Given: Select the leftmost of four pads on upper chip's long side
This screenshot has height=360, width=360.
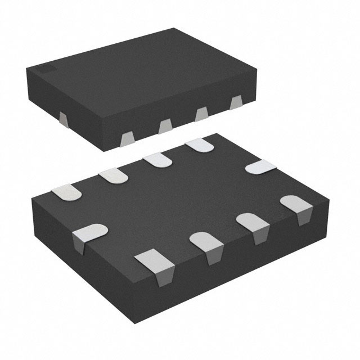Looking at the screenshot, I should click(128, 137).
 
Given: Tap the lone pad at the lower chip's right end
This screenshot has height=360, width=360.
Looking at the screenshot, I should click(262, 167).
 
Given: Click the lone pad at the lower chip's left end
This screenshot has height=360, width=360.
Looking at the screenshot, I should click(90, 230).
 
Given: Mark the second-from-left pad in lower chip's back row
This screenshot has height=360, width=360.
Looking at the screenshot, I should click(114, 176).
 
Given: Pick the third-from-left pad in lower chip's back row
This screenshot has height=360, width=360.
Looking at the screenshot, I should click(157, 160).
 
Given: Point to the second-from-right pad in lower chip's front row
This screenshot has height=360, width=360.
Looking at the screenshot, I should click(253, 221).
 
